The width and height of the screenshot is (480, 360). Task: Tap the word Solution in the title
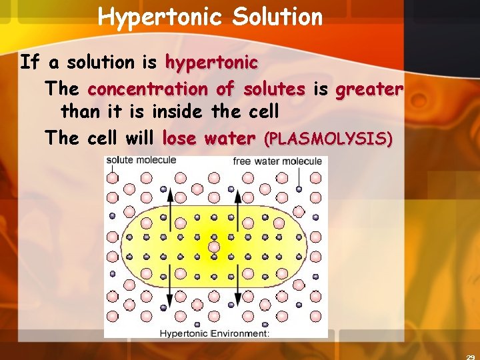point(277,16)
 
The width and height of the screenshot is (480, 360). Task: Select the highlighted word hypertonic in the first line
point(211,63)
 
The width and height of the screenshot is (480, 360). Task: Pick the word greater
point(369,89)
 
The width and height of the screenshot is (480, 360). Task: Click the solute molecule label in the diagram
point(141,160)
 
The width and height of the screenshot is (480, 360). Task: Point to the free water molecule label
point(277,161)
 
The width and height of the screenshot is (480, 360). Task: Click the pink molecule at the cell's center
point(213,247)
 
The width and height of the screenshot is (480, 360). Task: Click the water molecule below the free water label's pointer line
point(299,192)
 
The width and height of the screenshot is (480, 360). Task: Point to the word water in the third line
point(229,139)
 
